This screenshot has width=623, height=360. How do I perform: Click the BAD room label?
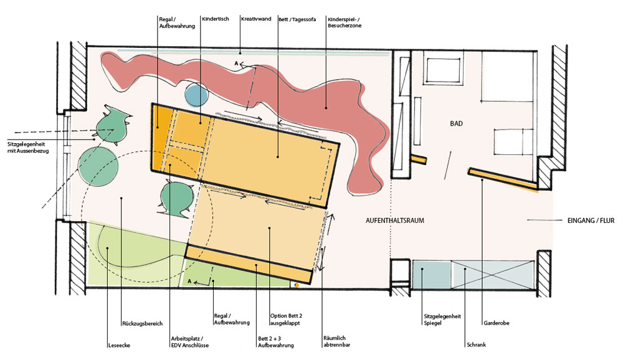(456, 123)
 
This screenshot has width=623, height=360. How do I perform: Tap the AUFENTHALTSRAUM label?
(394, 220)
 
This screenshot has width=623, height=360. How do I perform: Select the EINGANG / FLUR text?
(591, 220)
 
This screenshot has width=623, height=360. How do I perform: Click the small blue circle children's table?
(196, 95)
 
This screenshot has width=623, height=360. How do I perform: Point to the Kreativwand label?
(256, 19)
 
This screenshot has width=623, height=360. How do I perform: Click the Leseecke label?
(119, 345)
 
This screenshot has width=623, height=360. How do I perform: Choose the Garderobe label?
(497, 323)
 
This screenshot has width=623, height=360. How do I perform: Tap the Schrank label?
(476, 345)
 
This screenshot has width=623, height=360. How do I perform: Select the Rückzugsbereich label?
(142, 323)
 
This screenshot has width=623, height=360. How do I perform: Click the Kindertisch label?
(216, 19)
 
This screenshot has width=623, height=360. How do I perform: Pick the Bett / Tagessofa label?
(297, 19)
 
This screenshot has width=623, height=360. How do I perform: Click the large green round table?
(95, 164)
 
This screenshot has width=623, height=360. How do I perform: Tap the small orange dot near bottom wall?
(297, 285)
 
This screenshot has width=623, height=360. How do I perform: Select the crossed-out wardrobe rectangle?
(493, 274)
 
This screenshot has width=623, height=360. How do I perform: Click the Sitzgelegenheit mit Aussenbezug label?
(28, 148)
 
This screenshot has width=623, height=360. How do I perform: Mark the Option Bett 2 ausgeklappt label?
(286, 320)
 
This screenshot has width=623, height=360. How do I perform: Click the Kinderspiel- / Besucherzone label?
(345, 22)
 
